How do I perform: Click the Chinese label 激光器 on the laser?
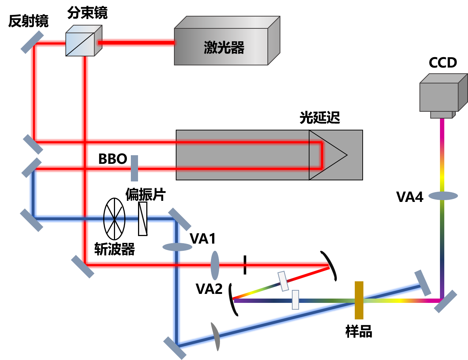coord(224,47)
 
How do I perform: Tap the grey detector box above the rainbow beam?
coord(439,96)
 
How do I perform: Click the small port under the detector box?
coord(442,115)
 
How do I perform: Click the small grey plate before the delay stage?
coord(134,168)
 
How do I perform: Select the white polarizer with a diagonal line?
coord(143,219)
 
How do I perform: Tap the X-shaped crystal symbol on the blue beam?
coord(114,218)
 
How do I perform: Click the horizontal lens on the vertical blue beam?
coord(177,247)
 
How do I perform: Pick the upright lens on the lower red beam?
coord(215,266)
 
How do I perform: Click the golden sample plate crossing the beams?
coord(359,300)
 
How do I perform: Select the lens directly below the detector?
coord(443,196)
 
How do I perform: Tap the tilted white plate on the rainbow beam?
coord(283,281)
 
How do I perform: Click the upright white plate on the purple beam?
coord(295,300)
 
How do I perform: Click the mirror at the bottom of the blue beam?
coord(175,348)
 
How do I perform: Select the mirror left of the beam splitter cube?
coord(32,42)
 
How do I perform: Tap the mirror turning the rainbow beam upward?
coord(445,301)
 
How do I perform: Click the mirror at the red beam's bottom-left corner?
coord(82,267)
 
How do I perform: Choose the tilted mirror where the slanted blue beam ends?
coord(422,283)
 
